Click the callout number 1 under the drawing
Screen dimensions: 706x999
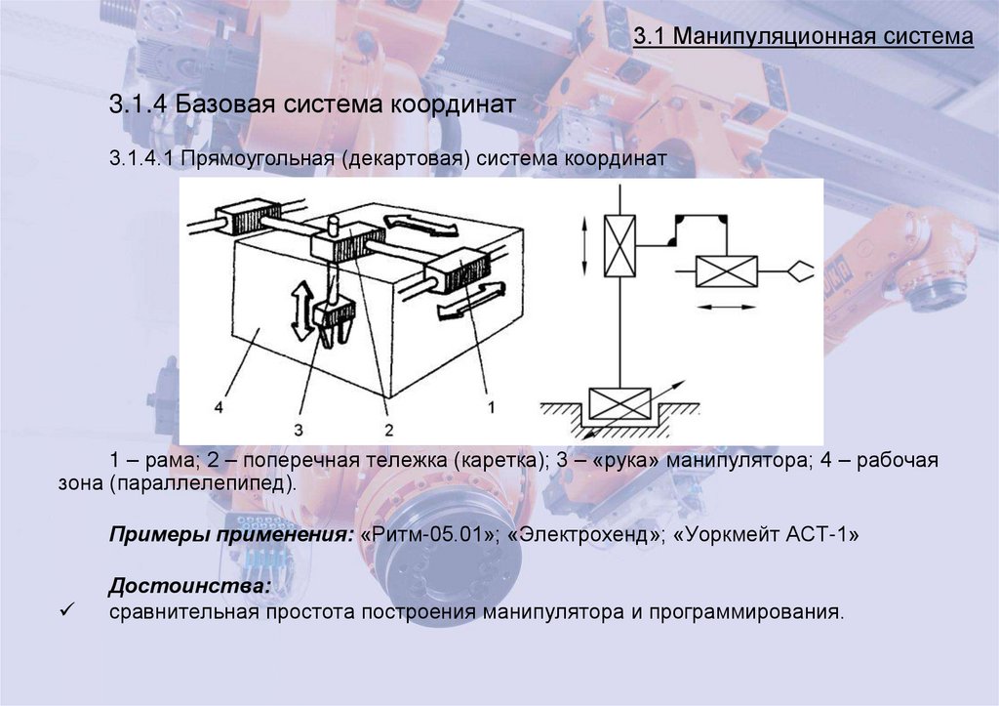pyautogui.click(x=493, y=402)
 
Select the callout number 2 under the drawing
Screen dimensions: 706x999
pyautogui.click(x=387, y=428)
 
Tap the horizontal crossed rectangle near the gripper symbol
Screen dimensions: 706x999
pyautogui.click(x=726, y=270)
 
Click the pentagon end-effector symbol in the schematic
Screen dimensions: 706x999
pyautogui.click(x=799, y=270)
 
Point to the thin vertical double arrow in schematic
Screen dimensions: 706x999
pyautogui.click(x=583, y=247)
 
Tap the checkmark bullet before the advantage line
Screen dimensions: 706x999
pyautogui.click(x=67, y=611)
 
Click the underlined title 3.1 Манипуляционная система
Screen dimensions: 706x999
pyautogui.click(x=803, y=37)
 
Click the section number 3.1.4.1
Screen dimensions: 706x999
pyautogui.click(x=140, y=158)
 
